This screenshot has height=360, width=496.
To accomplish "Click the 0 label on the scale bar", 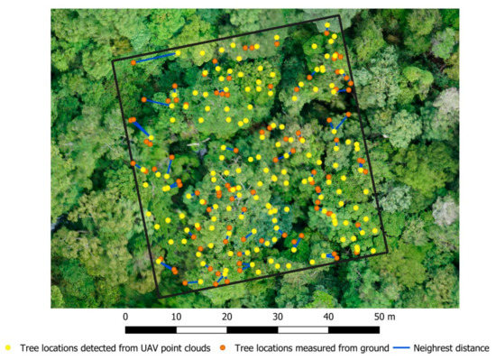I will point(125,317).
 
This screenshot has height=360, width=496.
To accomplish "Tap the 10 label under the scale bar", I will point(176,317).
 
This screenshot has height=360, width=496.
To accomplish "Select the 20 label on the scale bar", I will point(226,317).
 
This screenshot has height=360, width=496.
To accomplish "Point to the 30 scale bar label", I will point(278,317).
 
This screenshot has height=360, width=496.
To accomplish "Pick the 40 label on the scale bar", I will point(328,317).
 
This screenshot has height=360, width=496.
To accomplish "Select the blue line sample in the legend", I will point(400,347).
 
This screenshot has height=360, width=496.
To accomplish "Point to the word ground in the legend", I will point(368,347).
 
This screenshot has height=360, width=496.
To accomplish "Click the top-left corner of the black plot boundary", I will point(113,60).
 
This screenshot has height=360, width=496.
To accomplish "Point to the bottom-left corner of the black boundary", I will point(158,297).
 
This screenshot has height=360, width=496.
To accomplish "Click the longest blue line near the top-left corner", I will point(155,59).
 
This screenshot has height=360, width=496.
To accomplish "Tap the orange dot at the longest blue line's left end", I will point(133,63).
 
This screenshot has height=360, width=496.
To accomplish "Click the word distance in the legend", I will point(473,347).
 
